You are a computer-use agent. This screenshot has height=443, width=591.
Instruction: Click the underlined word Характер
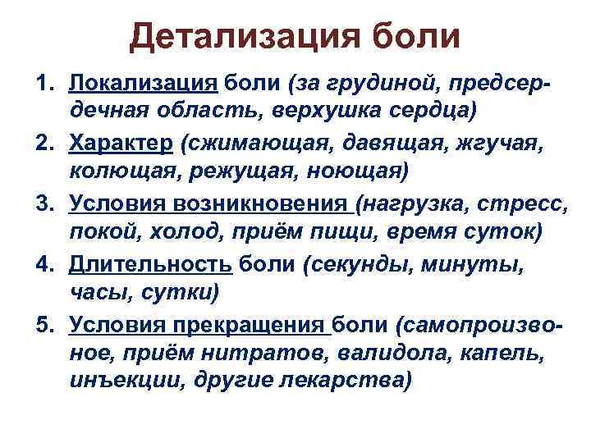[x=121, y=144]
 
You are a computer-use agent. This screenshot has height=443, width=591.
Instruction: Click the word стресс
[x=502, y=203]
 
